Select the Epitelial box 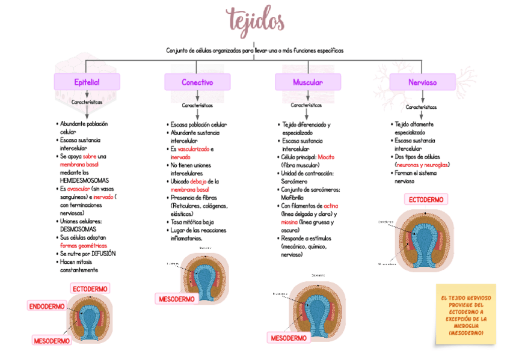[87, 82]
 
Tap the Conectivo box [197, 82]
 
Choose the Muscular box [307, 82]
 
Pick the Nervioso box [422, 82]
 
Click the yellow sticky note [465, 315]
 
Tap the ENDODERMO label [47, 307]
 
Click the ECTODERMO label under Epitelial [90, 289]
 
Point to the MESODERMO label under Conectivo [177, 299]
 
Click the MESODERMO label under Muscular [289, 338]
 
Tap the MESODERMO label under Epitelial [52, 341]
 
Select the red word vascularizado [193, 148]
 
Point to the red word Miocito [326, 157]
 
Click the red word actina [330, 206]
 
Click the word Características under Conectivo [197, 105]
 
